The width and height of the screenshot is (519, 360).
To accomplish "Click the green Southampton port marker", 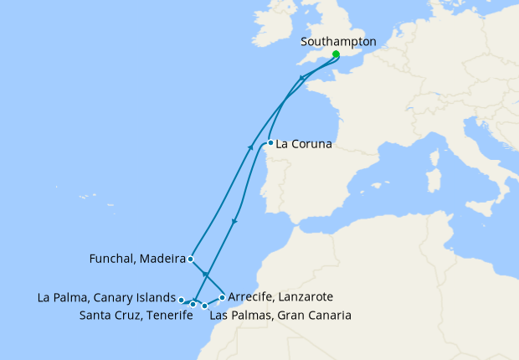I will [x=336, y=54].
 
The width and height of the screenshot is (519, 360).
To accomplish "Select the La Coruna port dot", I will [x=270, y=142].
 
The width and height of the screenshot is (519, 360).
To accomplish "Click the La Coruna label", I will [x=304, y=144].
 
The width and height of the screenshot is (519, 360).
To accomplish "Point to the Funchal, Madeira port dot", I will [x=191, y=260].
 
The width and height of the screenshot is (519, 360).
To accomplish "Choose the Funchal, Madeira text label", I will [x=136, y=260].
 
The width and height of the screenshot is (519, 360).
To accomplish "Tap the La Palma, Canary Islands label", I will [x=106, y=297].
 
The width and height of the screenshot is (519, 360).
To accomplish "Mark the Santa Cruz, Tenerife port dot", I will [x=193, y=305].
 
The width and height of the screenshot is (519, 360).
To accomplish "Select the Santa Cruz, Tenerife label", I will [x=130, y=316].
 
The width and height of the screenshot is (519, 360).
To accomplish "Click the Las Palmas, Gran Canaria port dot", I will [x=205, y=306].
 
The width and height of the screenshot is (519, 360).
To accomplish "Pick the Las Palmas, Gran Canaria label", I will [x=280, y=316].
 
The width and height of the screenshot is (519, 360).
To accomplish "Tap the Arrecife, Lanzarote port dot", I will [x=222, y=297].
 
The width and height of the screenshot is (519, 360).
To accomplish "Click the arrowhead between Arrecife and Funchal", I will [x=205, y=274].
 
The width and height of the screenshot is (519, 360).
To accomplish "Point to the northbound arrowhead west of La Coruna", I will [x=252, y=147].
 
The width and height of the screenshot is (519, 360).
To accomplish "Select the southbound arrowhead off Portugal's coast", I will [x=234, y=222].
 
